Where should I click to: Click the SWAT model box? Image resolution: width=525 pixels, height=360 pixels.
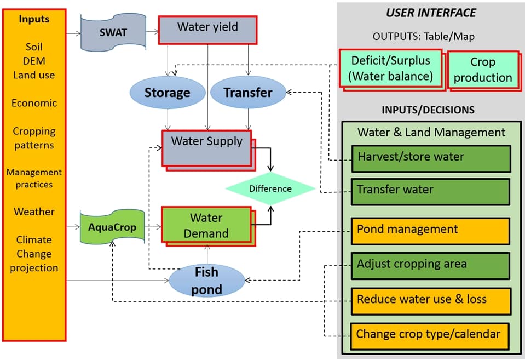coord(113,32)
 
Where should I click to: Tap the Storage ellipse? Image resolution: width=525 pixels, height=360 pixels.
coord(167,92)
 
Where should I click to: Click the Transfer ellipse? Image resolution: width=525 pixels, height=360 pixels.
coord(248,92)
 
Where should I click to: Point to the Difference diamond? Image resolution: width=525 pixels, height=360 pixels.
coord(270,188)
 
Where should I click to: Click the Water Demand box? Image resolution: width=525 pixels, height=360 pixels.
coord(206,225)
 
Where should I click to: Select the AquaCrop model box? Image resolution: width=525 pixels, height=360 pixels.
coord(112,226)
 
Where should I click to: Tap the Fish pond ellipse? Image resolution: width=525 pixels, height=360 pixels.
coord(206,281)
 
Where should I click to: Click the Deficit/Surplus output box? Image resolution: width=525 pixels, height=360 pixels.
coord(390,68)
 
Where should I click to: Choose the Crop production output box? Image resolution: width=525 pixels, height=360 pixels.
coord(482,70)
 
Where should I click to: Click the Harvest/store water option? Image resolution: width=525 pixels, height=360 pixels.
coord(430,158)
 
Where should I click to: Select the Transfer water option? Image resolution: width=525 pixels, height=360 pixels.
coord(430,191)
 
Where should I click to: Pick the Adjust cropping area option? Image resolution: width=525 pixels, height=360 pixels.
coord(430,265)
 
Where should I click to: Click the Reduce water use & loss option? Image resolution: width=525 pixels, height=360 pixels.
coord(430,300)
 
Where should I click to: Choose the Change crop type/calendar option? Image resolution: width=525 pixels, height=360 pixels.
coord(430,334)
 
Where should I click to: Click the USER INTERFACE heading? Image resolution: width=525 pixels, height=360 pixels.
coord(431,13)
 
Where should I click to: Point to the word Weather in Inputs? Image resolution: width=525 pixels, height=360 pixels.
coord(34,212)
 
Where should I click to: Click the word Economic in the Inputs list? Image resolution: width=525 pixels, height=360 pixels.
coord(34,103)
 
